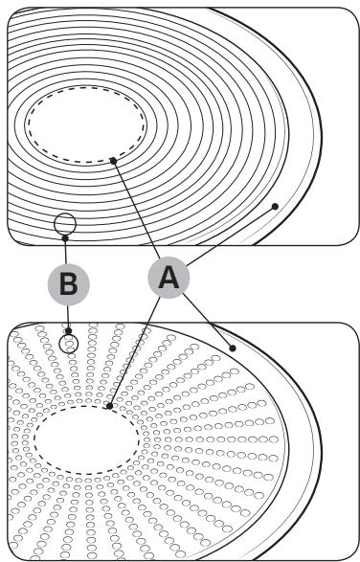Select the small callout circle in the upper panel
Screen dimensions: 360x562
coord(64,224)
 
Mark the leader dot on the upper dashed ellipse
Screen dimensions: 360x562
coord(113,160)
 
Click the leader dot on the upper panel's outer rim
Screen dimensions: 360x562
coord(275,205)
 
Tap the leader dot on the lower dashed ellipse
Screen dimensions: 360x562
coord(110,407)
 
